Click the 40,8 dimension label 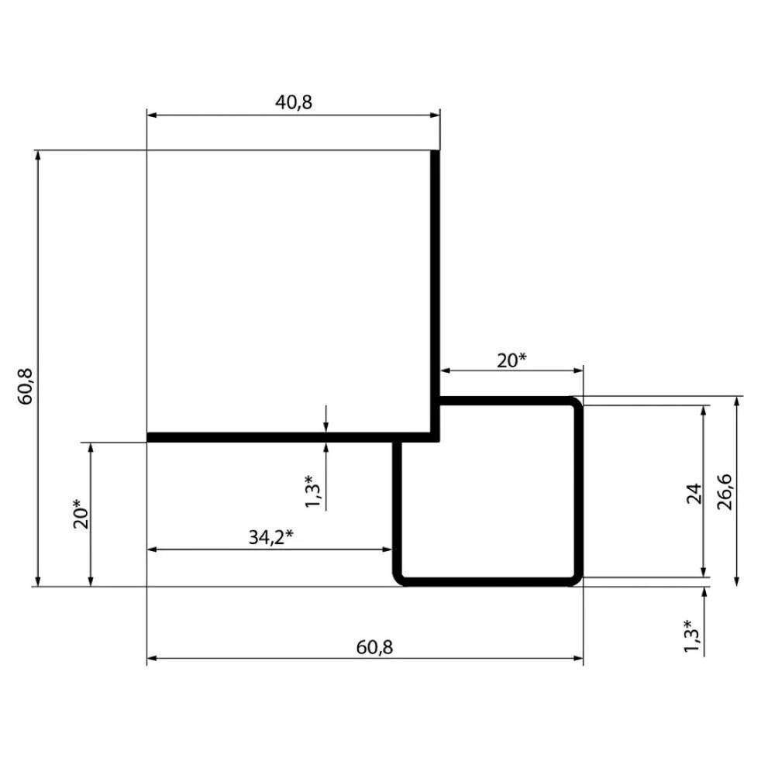pyautogui.click(x=294, y=102)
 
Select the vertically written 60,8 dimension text pyautogui.click(x=26, y=387)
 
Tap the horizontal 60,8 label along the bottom pyautogui.click(x=374, y=647)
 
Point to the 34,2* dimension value pyautogui.click(x=270, y=537)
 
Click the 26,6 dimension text pyautogui.click(x=725, y=492)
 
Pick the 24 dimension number pyautogui.click(x=694, y=493)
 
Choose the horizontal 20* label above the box pyautogui.click(x=512, y=360)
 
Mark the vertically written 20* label pyautogui.click(x=81, y=515)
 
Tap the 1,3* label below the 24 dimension pyautogui.click(x=691, y=636)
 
